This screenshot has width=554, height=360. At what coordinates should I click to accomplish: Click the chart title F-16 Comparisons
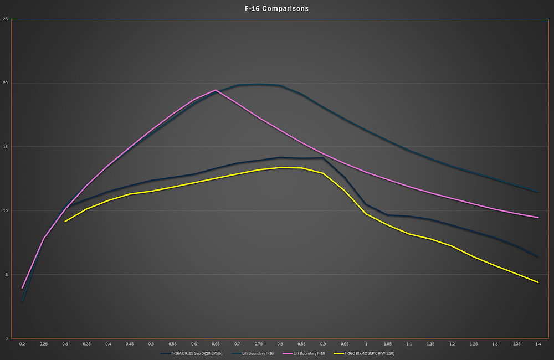pyautogui.click(x=277, y=9)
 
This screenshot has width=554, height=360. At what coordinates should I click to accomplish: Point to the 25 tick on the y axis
pyautogui.click(x=5, y=19)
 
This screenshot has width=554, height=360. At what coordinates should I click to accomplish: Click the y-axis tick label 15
pyautogui.click(x=5, y=147)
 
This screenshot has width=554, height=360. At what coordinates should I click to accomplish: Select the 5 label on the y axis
pyautogui.click(x=6, y=275)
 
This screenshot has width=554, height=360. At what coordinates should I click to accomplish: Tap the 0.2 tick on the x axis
pyautogui.click(x=22, y=344)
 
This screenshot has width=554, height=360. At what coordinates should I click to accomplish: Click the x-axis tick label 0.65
pyautogui.click(x=216, y=344)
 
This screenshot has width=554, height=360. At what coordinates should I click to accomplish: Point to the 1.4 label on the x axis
pyautogui.click(x=537, y=344)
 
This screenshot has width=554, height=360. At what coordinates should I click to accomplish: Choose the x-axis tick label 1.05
pyautogui.click(x=387, y=344)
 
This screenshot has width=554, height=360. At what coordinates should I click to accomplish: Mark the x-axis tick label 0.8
pyautogui.click(x=280, y=344)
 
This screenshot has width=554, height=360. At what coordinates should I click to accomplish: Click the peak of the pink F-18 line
pyautogui.click(x=215, y=90)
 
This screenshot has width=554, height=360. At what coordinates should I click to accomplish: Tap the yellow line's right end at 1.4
pyautogui.click(x=537, y=282)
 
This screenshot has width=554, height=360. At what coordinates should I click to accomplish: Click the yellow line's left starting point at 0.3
pyautogui.click(x=65, y=222)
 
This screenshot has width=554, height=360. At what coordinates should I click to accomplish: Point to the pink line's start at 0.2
pyautogui.click(x=22, y=288)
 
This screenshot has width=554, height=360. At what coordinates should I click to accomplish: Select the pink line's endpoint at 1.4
pyautogui.click(x=537, y=218)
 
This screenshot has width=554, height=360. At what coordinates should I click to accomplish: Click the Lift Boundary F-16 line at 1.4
pyautogui.click(x=537, y=192)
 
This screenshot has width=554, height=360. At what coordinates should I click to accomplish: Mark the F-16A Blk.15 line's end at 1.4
pyautogui.click(x=537, y=256)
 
